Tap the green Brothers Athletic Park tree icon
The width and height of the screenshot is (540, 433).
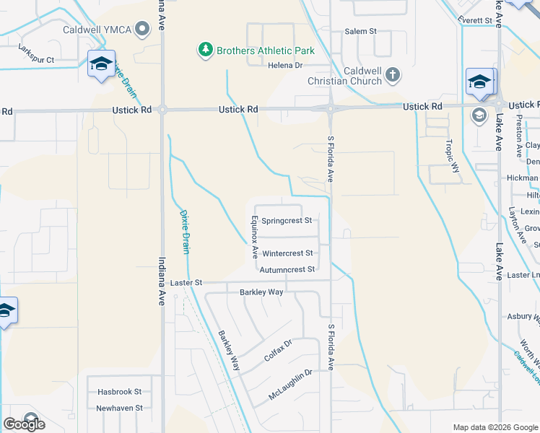tap(206, 51)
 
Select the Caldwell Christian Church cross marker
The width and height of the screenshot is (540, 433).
tap(392, 74)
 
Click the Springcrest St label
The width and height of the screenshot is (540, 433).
tap(287, 220)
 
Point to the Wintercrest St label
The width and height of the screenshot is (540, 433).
tap(287, 253)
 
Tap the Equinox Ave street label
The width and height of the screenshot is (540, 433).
tap(255, 236)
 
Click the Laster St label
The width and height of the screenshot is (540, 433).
tap(187, 283)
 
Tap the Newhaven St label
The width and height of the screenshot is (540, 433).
tap(120, 408)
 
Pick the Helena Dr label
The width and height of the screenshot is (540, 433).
tap(284, 65)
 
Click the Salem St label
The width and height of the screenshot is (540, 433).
tap(361, 32)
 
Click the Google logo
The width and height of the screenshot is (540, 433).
tap(25, 424)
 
